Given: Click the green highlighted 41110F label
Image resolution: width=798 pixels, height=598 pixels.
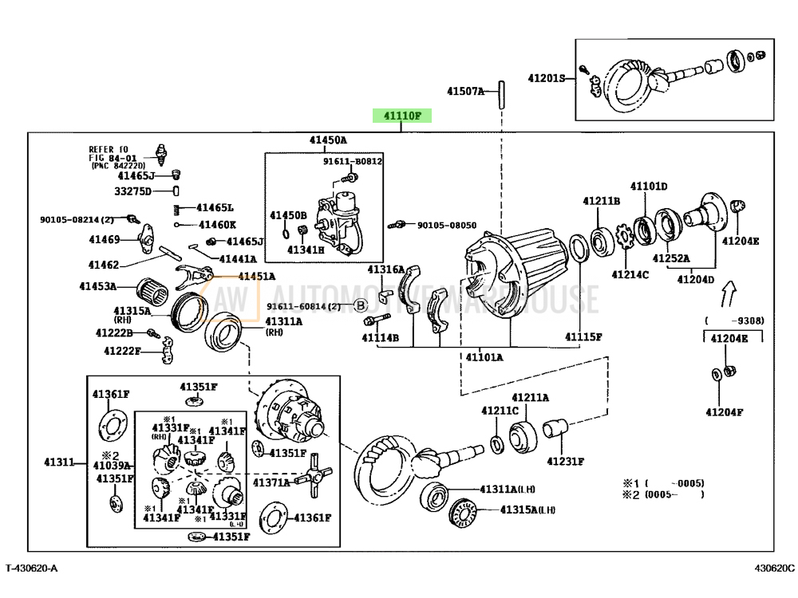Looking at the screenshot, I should pos(401,116).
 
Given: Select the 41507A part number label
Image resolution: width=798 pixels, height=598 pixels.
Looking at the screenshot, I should pos(465,92).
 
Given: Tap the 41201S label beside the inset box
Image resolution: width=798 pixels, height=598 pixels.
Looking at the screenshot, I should pos(546,78).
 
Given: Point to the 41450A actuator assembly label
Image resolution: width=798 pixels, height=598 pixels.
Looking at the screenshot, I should pos(329,140).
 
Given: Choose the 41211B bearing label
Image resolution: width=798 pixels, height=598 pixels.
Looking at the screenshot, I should pos(601,201).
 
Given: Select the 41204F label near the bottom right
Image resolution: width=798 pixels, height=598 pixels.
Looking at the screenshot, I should pos(724,412).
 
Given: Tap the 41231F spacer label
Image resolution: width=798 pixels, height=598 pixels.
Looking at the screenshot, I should pos(565,461).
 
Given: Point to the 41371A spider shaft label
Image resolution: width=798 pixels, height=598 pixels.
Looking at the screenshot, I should pos(271,482).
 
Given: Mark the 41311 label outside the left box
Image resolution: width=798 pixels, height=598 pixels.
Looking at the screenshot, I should pos(58,462).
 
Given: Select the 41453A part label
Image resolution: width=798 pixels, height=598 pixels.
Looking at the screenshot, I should pos(97,285).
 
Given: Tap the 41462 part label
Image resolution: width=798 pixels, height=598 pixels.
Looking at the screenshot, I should pos(104,265).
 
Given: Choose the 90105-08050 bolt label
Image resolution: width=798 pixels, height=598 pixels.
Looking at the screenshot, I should pos(446,226).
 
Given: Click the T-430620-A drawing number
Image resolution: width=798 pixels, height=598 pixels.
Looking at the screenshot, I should pos(32,568).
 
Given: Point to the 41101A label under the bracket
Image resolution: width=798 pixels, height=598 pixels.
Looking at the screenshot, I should pos(484,357).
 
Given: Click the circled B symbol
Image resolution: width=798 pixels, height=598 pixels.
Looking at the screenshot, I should pos(360,306).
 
